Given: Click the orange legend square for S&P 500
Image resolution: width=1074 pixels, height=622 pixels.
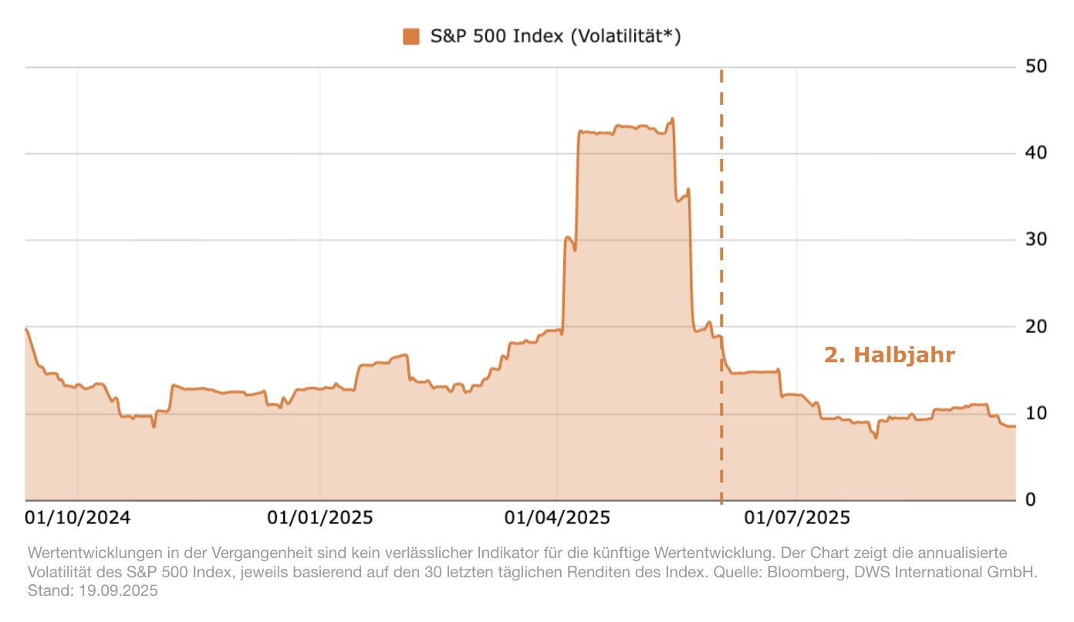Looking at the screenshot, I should click(411, 36).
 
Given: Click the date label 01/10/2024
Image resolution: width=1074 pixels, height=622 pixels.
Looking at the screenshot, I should click(78, 517).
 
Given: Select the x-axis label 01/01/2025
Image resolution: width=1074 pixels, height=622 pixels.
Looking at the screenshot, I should click(320, 517).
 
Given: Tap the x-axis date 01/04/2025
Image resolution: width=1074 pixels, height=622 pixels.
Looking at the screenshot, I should click(557, 517).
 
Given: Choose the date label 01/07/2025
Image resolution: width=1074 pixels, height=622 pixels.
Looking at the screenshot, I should click(797, 517).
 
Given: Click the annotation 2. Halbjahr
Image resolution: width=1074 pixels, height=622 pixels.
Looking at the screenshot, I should click(890, 355).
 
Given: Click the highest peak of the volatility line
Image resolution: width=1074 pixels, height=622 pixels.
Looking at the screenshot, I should click(672, 119).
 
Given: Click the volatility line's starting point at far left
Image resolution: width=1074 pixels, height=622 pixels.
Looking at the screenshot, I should click(26, 329).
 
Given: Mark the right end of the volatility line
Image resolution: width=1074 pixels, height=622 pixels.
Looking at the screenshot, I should click(1015, 426).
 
